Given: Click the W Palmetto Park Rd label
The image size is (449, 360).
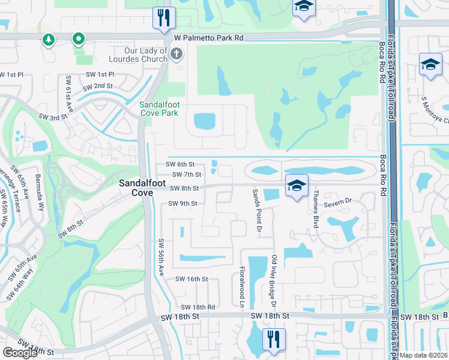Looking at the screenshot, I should (209, 38).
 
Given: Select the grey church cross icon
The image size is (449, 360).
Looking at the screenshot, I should (176, 55).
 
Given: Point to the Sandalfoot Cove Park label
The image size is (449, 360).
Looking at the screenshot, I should (159, 108).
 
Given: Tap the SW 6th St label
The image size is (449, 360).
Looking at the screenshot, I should (180, 164).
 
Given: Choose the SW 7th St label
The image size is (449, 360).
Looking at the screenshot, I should (186, 175).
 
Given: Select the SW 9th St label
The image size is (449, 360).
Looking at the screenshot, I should (182, 203).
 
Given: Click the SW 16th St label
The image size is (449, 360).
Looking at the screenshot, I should (191, 279).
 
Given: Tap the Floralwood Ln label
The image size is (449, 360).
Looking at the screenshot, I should (243, 287).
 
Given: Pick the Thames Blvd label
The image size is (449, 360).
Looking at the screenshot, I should (314, 209).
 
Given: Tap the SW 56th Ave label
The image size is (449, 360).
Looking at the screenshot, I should (161, 257).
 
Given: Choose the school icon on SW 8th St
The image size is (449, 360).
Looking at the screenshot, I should (297, 186).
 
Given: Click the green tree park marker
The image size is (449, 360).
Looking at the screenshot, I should (48, 40).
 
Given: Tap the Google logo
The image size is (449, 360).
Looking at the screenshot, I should (20, 353).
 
